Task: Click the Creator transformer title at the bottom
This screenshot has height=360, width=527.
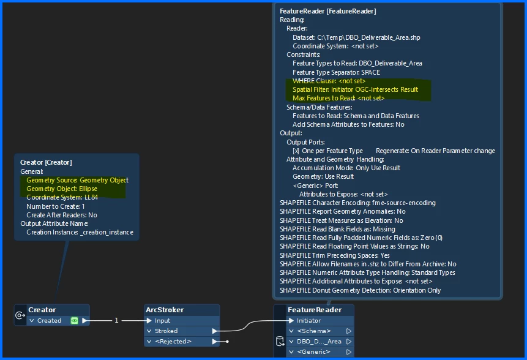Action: tap(42, 310)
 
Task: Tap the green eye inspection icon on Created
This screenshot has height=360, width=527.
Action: tap(74, 320)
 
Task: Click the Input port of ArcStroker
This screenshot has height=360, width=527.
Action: tap(163, 320)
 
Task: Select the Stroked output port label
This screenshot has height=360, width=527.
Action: tap(165, 331)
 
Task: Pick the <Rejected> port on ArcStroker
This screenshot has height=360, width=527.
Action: tap(173, 341)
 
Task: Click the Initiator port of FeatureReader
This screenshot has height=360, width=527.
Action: tap(308, 320)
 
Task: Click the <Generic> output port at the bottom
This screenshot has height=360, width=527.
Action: tap(315, 351)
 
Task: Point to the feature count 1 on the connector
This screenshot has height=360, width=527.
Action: tap(116, 320)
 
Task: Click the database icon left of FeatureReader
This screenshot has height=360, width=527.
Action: tap(280, 341)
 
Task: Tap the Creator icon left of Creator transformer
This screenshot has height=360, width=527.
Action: tap(20, 315)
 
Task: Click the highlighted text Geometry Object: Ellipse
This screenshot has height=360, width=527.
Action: tap(62, 189)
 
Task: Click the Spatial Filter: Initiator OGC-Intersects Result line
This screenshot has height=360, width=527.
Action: tap(355, 89)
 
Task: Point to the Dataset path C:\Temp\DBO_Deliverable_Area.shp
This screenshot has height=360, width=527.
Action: tap(356, 37)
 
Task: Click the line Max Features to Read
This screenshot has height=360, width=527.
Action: tap(338, 98)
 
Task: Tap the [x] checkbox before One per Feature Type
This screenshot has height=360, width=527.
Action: tap(296, 151)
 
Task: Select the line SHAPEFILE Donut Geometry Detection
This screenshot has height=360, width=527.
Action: tap(360, 290)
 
